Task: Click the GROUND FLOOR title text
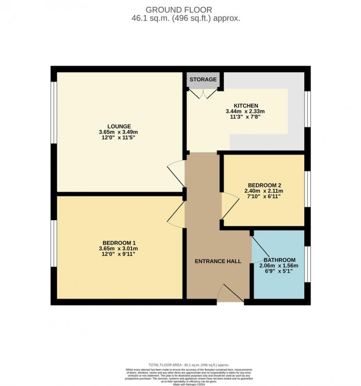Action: click(x=180, y=9)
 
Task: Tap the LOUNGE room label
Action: click(x=119, y=126)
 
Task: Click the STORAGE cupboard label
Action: click(x=203, y=80)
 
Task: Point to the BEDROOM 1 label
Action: click(x=119, y=242)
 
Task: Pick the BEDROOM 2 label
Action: click(x=264, y=184)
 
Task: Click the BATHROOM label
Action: click(x=279, y=260)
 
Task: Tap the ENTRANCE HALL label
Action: click(x=218, y=261)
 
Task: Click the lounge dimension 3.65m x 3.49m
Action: click(x=119, y=132)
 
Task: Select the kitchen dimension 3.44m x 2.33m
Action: click(x=245, y=112)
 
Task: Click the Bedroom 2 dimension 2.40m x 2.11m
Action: click(x=264, y=191)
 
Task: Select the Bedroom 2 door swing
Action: click(x=227, y=205)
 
